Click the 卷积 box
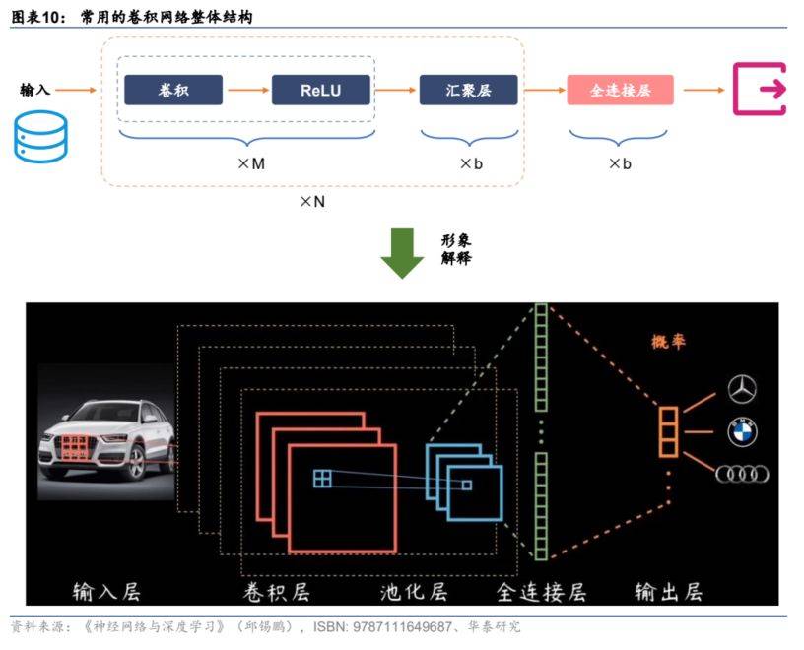[173, 91]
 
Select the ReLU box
[320, 91]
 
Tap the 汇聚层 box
[468, 91]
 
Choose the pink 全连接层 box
[620, 91]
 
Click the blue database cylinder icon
[40, 137]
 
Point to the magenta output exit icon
[760, 90]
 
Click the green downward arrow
[402, 253]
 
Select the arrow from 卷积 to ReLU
[247, 91]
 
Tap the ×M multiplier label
[251, 164]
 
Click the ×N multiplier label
[312, 202]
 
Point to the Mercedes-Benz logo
[742, 389]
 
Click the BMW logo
[742, 431]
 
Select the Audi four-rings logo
[742, 474]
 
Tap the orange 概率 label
[668, 342]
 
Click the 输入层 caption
[106, 592]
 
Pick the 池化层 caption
[414, 592]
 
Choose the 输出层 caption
[669, 592]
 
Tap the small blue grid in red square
[322, 479]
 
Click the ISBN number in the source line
[382, 627]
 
